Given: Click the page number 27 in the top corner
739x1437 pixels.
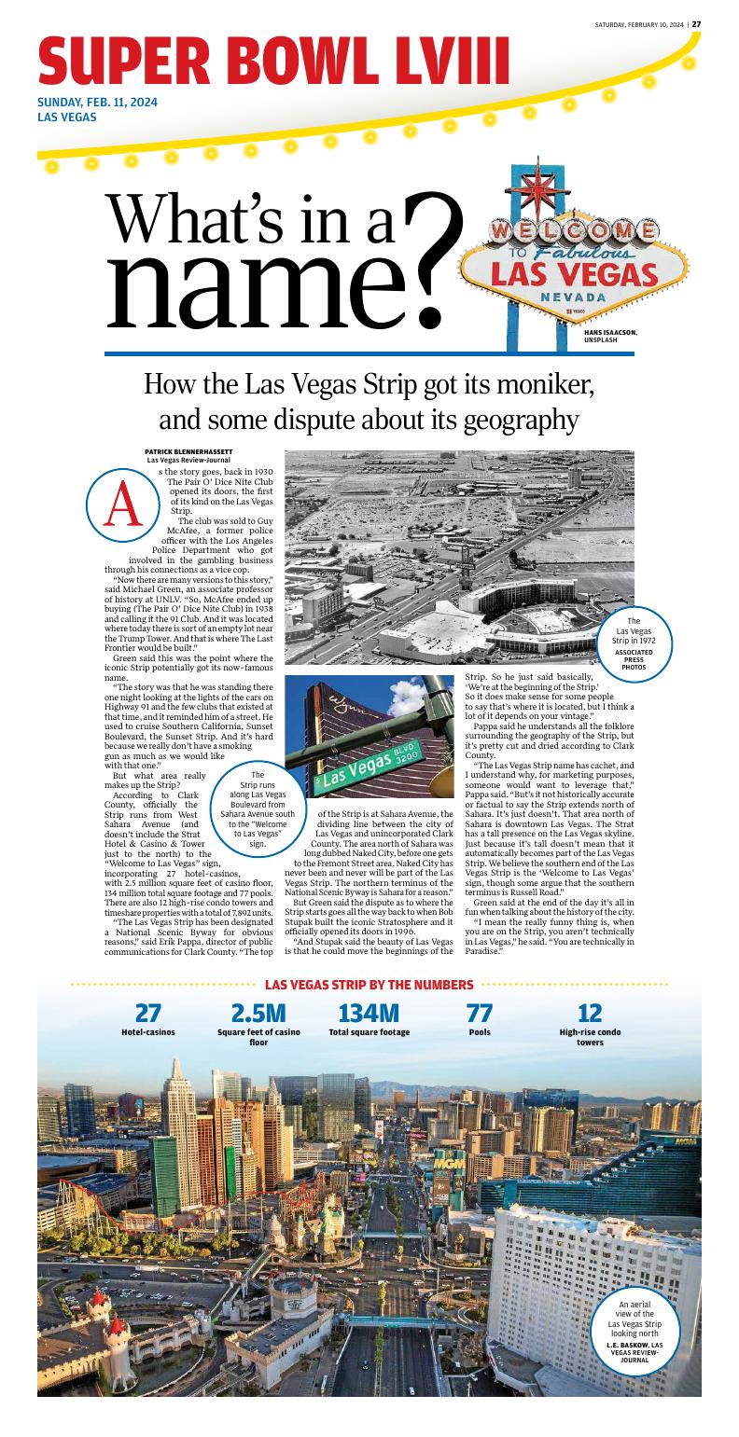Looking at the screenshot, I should (x=696, y=24).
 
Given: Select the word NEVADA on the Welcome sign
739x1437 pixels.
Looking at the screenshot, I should (x=573, y=297).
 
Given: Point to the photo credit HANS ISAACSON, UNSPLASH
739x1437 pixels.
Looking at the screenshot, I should (x=610, y=336).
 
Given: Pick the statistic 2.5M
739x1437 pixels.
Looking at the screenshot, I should (x=258, y=1013).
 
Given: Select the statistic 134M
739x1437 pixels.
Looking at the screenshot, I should (x=369, y=1013).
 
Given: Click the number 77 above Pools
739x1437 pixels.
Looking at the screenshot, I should (x=479, y=1013).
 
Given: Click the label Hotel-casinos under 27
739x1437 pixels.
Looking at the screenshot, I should (x=147, y=1032).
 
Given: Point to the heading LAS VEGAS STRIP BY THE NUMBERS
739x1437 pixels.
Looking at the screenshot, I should (x=369, y=985).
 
